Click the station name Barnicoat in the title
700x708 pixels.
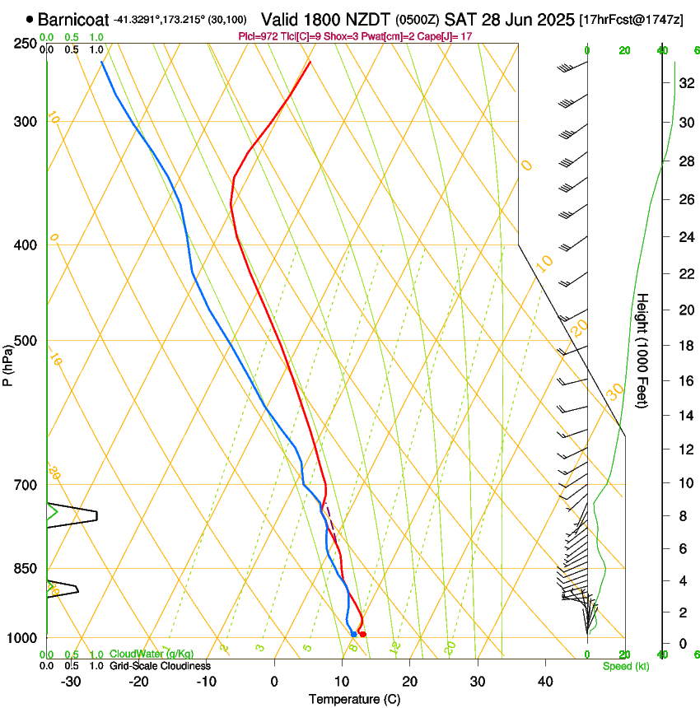click(72, 18)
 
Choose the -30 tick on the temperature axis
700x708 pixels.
click(71, 681)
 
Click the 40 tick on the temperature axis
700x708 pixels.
click(545, 681)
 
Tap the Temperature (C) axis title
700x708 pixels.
click(353, 699)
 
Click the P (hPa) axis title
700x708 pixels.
click(8, 362)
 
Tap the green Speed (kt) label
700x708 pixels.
click(625, 665)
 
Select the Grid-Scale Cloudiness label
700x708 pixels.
click(160, 665)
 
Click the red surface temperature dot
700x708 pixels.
click(362, 634)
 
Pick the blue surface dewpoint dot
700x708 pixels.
click(353, 634)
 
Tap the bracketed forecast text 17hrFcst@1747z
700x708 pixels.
click(631, 19)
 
